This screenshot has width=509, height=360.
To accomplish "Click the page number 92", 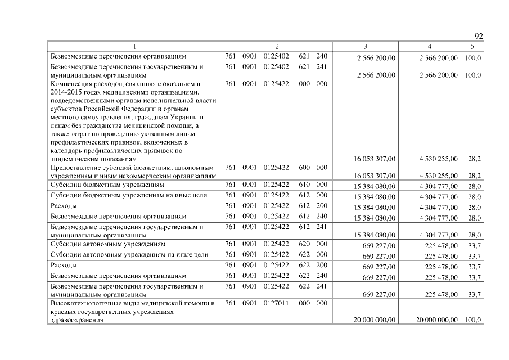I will [x=479, y=37].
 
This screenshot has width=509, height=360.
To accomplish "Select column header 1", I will [x=134, y=46].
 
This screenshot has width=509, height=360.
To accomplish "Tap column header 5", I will [x=472, y=46].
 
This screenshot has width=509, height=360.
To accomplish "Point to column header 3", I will [x=366, y=46].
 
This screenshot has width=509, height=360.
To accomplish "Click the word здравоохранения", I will [x=78, y=320].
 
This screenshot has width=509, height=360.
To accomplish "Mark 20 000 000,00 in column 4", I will [x=437, y=320].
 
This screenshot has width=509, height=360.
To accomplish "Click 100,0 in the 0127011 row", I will [x=471, y=320].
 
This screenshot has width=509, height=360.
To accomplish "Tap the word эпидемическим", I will [x=74, y=159].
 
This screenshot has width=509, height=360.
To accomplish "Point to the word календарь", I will [x=66, y=151].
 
